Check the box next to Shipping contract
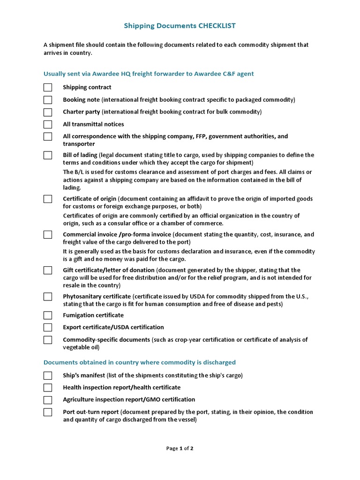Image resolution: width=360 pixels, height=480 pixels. click(48, 88)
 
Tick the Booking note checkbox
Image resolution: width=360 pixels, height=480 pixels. click(48, 100)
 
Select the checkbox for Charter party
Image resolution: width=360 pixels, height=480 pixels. click(48, 112)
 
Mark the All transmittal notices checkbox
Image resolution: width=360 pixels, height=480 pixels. click(48, 124)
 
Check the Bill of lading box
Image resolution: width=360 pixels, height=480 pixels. click(48, 155)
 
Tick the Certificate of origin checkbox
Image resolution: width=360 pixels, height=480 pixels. click(48, 199)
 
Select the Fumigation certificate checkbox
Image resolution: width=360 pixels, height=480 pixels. click(48, 315)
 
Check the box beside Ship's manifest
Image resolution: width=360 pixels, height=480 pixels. click(48, 375)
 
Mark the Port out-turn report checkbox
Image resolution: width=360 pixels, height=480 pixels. click(48, 412)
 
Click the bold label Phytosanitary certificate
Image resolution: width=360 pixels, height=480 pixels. click(97, 296)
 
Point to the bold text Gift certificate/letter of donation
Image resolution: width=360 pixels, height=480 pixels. click(109, 270)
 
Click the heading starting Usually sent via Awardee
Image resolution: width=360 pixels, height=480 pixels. click(149, 74)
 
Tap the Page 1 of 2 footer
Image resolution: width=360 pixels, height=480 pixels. click(180, 449)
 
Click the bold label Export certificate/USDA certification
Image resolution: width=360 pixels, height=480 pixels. click(113, 327)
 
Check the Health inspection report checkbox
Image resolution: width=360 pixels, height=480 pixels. click(48, 388)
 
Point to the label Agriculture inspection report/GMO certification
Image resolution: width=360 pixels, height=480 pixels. click(129, 399)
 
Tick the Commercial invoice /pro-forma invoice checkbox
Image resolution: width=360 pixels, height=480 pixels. click(48, 234)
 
